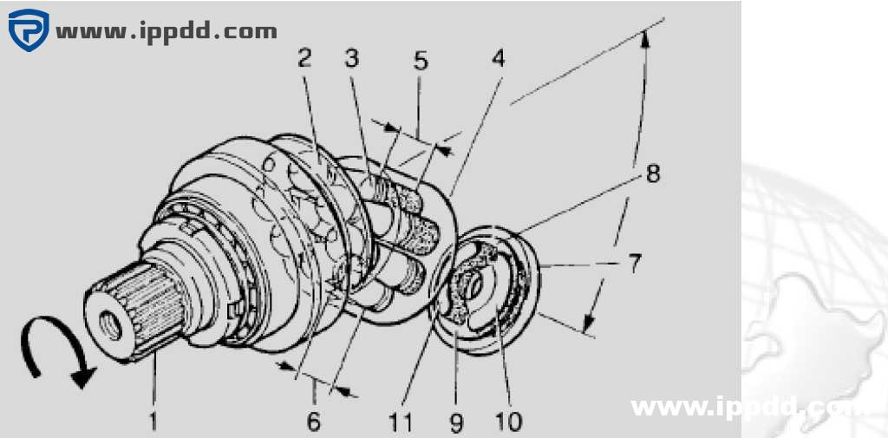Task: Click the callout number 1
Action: [x=153, y=422]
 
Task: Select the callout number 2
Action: [x=304, y=58]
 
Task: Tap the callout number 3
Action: [x=352, y=58]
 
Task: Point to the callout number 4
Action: [x=498, y=58]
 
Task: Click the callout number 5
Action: [x=421, y=61]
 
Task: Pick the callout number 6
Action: [x=314, y=422]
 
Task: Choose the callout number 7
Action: [x=634, y=263]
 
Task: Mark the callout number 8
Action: [x=653, y=173]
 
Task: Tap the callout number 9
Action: [x=456, y=422]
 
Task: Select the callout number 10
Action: [x=507, y=422]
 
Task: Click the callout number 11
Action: [x=401, y=422]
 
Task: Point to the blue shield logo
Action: [x=29, y=29]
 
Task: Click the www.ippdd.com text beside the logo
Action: [x=166, y=31]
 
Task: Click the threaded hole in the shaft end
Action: [x=110, y=324]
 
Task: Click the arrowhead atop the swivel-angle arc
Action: [x=644, y=40]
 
